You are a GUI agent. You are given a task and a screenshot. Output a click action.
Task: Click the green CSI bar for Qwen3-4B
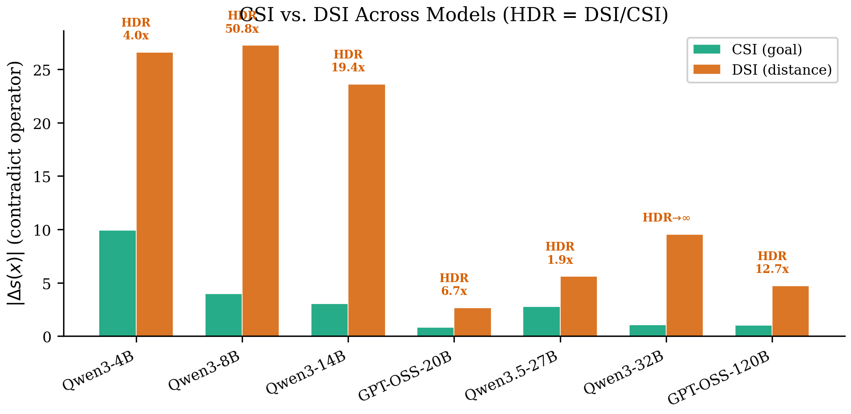coord(118,283)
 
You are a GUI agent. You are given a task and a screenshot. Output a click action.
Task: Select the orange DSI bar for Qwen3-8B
coord(260,191)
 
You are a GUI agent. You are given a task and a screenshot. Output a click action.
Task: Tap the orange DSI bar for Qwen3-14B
coord(366,210)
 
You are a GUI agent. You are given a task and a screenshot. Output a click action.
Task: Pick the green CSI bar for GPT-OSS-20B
coord(435,332)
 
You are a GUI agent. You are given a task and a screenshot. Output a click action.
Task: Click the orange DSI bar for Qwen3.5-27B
coord(579,306)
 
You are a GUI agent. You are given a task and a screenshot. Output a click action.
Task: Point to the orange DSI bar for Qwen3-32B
coord(684,285)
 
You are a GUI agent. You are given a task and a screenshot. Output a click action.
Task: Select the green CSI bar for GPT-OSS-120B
coord(753,331)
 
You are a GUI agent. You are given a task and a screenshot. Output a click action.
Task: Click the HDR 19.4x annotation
coord(348,61)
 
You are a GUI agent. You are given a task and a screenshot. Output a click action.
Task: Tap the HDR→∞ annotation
coord(666,218)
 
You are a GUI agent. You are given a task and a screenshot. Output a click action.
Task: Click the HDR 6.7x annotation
coord(454,285)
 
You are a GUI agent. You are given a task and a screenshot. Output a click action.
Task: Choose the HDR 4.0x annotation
coord(136,29)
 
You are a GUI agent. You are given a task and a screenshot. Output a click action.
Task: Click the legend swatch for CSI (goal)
coord(706,50)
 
